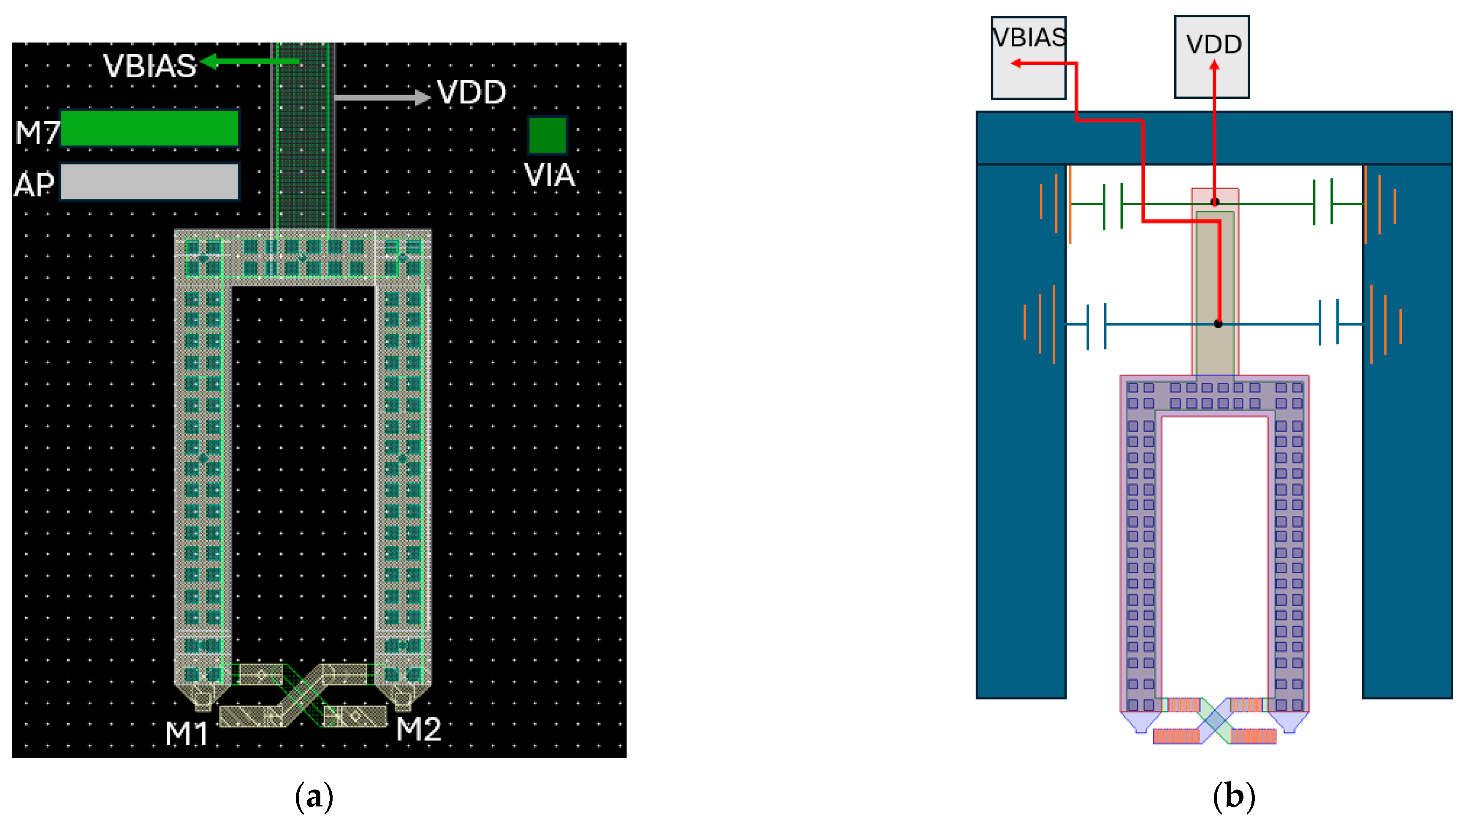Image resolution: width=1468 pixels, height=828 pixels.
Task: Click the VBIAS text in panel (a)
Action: click(149, 66)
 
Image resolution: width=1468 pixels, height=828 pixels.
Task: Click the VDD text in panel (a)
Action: click(471, 93)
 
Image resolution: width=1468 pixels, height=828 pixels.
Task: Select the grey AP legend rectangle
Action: click(149, 181)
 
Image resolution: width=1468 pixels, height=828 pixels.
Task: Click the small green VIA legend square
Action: click(547, 135)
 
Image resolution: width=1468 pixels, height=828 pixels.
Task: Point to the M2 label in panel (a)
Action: click(418, 729)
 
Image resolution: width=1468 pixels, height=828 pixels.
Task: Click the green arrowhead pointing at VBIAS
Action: click(210, 61)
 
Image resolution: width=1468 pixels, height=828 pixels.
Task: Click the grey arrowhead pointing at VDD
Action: click(422, 98)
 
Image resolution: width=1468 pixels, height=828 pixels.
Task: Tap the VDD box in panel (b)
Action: click(1212, 57)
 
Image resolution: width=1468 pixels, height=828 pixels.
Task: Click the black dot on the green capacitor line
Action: click(1215, 202)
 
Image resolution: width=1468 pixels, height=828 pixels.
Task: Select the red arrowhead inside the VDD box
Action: click(1214, 65)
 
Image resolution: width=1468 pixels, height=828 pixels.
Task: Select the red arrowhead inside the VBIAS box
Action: click(1016, 63)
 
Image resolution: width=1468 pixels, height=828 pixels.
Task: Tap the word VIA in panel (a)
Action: click(550, 176)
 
